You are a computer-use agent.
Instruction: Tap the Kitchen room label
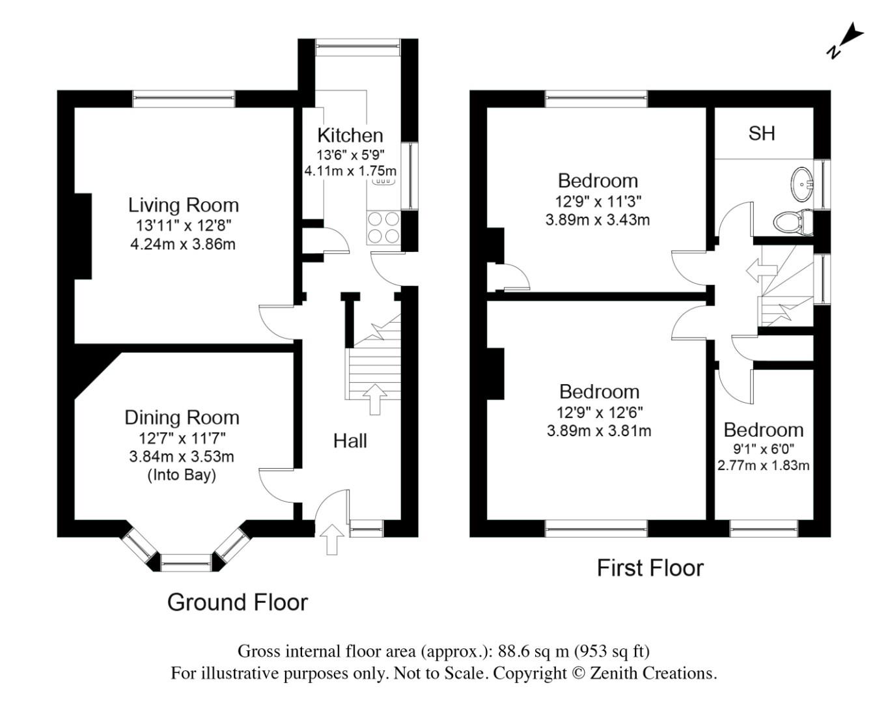click(x=350, y=135)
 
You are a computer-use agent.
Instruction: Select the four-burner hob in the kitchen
click(x=383, y=228)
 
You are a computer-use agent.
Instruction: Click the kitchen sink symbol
click(x=383, y=182)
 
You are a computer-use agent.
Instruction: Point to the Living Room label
click(x=183, y=205)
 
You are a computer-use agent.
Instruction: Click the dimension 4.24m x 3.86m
click(x=183, y=245)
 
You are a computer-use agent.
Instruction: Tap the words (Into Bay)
click(x=182, y=475)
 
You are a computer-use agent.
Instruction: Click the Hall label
click(x=350, y=441)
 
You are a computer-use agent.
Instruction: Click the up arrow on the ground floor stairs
click(x=374, y=398)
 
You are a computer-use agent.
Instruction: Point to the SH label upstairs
click(x=762, y=133)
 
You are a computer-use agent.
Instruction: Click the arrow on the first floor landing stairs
click(x=761, y=270)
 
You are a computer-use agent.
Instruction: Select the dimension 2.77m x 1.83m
click(x=764, y=465)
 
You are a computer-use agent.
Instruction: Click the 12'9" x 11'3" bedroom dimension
click(x=598, y=201)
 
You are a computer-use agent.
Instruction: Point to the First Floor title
click(x=650, y=568)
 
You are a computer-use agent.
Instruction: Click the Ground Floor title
click(x=238, y=602)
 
